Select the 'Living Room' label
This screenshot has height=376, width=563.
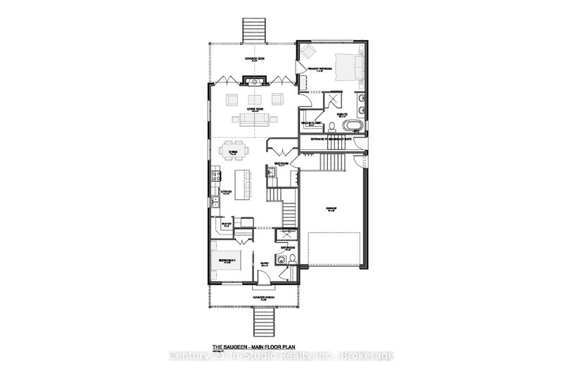[x=254, y=109]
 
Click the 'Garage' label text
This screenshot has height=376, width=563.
[x=331, y=209]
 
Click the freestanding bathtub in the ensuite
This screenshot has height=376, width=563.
[x=352, y=126]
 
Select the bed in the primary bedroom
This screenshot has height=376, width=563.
[x=350, y=66]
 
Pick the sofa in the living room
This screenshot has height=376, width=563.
[x=254, y=120]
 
